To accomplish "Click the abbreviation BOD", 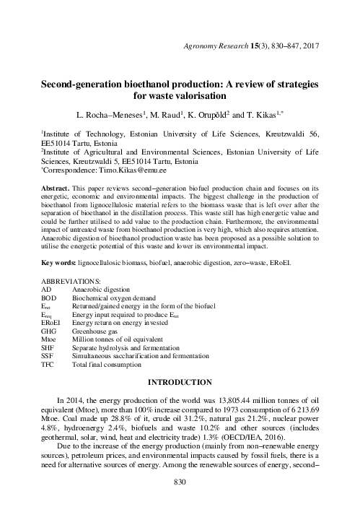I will coord(50,296).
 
